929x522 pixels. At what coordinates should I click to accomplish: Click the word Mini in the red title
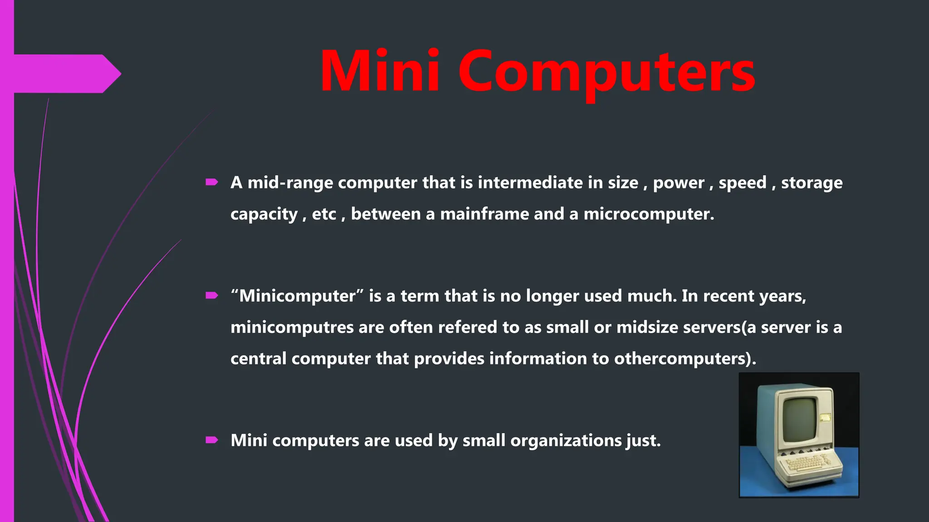380,72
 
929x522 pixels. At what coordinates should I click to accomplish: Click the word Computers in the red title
606,72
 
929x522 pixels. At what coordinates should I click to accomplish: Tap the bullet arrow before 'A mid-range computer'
212,182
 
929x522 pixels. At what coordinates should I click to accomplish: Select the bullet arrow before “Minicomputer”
212,296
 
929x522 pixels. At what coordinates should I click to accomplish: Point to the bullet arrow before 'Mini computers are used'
212,440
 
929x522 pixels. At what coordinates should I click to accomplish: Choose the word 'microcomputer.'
649,214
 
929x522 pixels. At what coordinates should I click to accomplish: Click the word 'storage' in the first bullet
812,183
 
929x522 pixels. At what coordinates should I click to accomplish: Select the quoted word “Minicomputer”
297,296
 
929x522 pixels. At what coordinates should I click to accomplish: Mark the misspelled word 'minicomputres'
292,327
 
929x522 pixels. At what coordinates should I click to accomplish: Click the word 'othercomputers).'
685,358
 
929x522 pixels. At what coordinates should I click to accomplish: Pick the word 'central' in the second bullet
258,358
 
